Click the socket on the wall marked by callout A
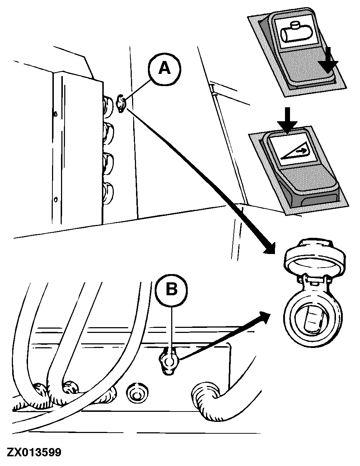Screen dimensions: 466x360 click(x=121, y=104)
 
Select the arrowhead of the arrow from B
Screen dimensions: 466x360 click(x=265, y=317)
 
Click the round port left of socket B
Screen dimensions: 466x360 click(x=136, y=394)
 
